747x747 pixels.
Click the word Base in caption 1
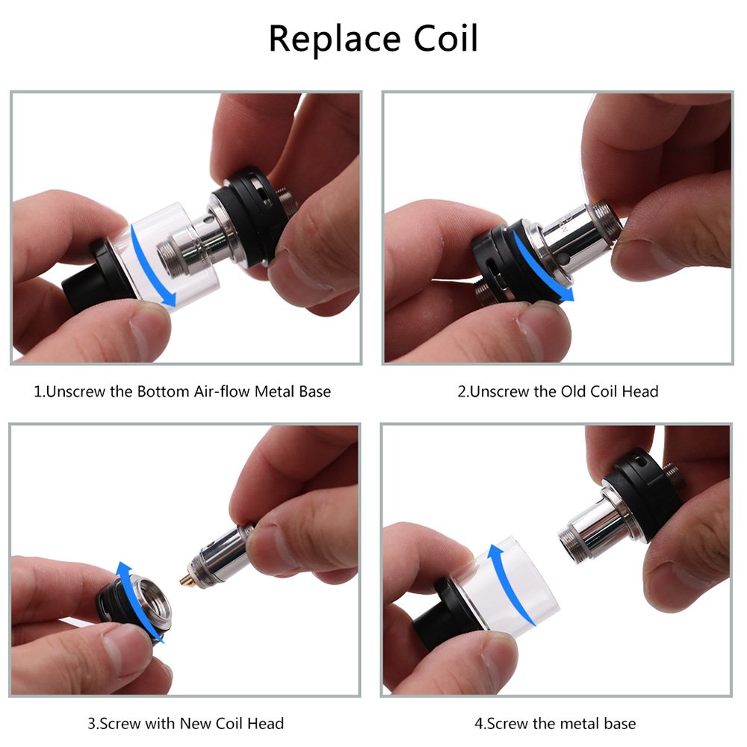(x=313, y=391)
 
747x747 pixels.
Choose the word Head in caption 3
(x=267, y=723)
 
